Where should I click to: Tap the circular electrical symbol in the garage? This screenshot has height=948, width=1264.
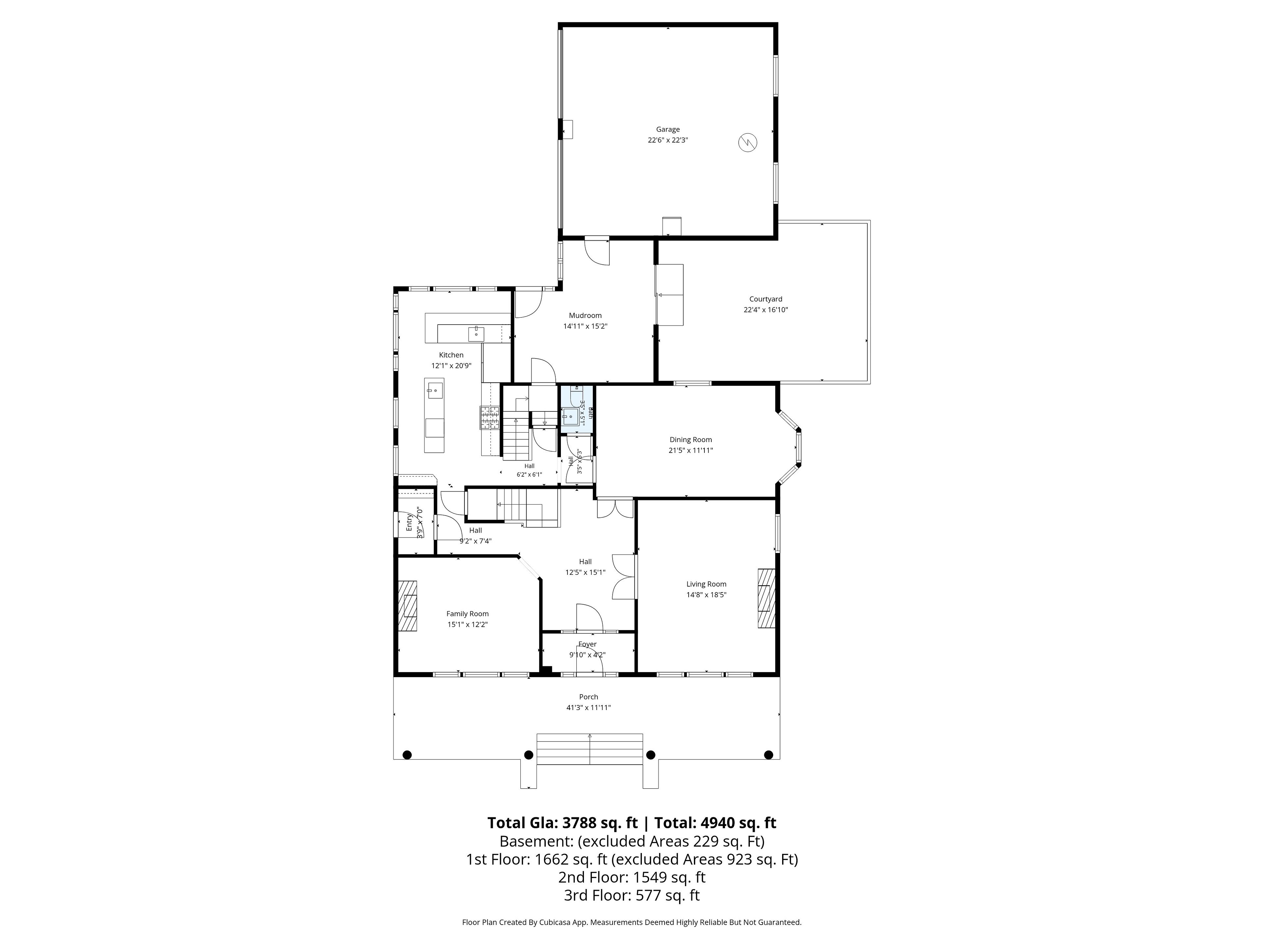click(x=748, y=142)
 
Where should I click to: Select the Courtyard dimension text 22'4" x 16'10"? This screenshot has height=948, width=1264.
click(x=766, y=310)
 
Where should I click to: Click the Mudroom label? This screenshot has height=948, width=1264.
click(x=585, y=315)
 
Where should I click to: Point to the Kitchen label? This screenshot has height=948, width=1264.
click(x=451, y=355)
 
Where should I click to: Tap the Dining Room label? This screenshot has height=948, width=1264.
click(x=691, y=439)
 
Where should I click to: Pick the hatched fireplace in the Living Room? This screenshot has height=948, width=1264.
click(x=766, y=598)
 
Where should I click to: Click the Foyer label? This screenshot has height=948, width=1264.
click(x=588, y=644)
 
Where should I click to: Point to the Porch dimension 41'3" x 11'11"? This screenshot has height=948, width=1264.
click(x=589, y=707)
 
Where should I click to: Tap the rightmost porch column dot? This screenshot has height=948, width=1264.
click(x=769, y=754)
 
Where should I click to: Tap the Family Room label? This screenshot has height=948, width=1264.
click(x=467, y=614)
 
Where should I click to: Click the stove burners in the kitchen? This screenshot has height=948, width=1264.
click(x=489, y=418)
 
